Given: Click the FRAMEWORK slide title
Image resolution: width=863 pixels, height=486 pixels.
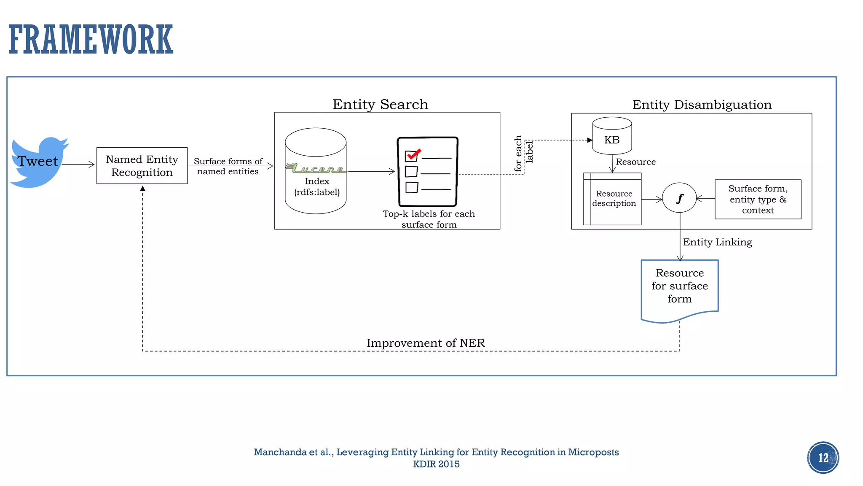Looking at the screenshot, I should click(x=91, y=40).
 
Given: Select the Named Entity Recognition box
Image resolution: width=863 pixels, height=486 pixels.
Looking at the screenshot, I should click(x=142, y=166).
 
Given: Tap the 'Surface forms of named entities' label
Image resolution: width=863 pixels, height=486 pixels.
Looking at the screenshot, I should click(x=228, y=166).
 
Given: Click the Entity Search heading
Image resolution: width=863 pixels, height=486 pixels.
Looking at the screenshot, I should click(x=380, y=104).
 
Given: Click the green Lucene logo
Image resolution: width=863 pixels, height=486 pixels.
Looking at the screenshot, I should click(x=316, y=169).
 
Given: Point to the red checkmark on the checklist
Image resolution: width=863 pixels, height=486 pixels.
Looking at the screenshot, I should click(x=413, y=154).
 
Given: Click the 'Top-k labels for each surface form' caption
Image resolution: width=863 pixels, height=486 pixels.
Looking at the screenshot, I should click(x=429, y=219).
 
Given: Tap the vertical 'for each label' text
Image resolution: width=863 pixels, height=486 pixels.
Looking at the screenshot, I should click(x=523, y=153).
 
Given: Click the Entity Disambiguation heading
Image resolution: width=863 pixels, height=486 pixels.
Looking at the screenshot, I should click(x=702, y=105).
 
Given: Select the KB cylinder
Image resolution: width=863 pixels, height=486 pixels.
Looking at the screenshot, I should click(x=612, y=136).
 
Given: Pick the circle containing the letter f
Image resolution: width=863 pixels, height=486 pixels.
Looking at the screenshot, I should click(x=679, y=198).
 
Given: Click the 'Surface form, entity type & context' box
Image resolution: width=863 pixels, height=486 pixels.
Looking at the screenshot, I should click(x=758, y=199).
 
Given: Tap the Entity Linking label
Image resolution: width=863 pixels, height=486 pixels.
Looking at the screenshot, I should click(x=717, y=242).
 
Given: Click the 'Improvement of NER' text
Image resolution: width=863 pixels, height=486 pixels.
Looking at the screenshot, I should click(x=426, y=343).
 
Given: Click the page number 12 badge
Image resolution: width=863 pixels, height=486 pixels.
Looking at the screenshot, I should click(x=823, y=458).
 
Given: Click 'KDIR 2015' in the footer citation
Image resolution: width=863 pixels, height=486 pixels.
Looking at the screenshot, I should click(x=436, y=464).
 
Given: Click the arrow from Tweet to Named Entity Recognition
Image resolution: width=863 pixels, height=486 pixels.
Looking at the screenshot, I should click(x=78, y=165).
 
